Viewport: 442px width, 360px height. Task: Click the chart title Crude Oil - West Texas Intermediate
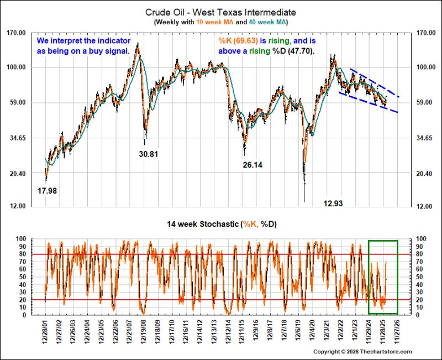tap(220, 12)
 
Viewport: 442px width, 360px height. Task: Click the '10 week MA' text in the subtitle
tap(215, 22)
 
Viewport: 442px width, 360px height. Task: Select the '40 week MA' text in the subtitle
tap(267, 22)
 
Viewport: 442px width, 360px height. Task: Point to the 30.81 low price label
tap(149, 154)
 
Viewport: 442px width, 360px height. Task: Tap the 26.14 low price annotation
tap(252, 165)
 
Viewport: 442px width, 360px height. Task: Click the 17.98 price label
tap(47, 191)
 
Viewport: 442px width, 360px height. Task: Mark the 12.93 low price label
tap(333, 203)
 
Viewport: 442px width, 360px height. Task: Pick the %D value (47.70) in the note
tap(301, 51)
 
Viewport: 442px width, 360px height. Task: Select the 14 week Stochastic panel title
tap(222, 225)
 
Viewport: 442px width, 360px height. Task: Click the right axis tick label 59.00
tap(424, 102)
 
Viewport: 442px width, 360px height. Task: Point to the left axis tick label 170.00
tap(16, 33)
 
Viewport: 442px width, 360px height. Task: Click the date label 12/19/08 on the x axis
tap(144, 332)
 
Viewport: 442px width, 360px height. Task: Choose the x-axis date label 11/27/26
tap(397, 332)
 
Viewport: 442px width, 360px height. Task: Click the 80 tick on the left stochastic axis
tap(23, 254)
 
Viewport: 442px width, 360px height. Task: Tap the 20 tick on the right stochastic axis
tap(419, 300)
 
